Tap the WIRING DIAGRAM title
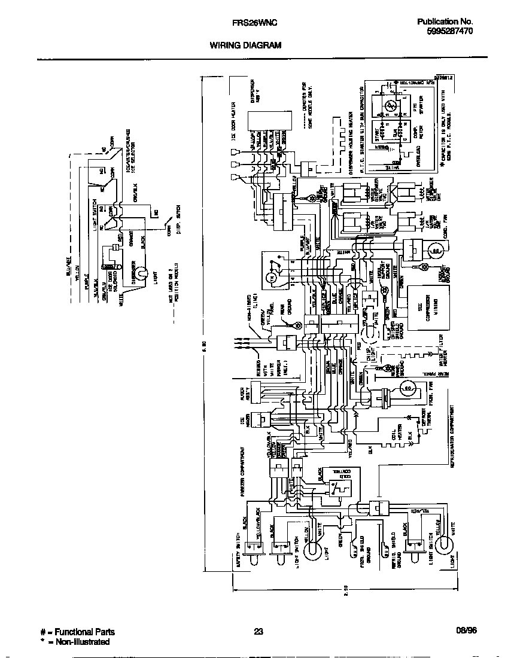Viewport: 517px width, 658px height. click(x=245, y=45)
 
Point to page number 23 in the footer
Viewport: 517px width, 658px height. click(x=258, y=632)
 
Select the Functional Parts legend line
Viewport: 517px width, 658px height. click(x=78, y=632)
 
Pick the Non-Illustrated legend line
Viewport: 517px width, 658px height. click(x=75, y=642)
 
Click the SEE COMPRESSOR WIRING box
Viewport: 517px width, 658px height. click(x=427, y=309)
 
